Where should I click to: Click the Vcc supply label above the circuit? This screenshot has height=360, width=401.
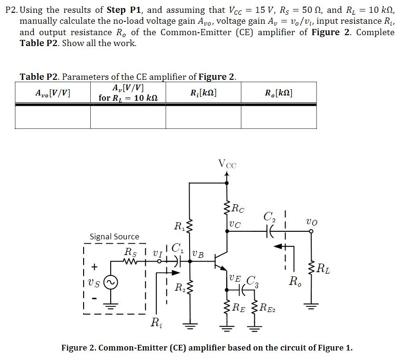(x=227, y=164)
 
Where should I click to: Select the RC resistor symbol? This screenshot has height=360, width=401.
(x=227, y=207)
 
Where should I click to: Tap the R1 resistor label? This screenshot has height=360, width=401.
(x=180, y=225)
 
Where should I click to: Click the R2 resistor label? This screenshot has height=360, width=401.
(x=180, y=287)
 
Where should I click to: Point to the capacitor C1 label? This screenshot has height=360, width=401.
(x=177, y=247)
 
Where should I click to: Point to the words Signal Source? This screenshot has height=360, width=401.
(x=115, y=236)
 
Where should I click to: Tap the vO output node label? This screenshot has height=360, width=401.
(x=312, y=222)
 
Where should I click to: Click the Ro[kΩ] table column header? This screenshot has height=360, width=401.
(x=279, y=93)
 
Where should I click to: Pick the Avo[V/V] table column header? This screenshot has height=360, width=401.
(x=53, y=93)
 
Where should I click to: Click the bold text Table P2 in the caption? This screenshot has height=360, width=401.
(x=39, y=76)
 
